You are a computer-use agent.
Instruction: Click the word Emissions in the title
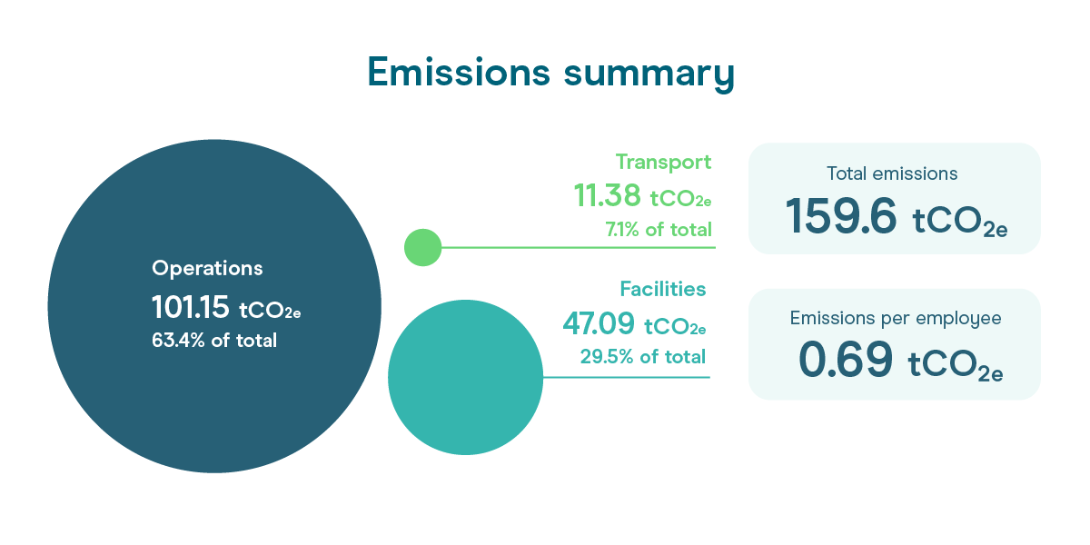click(459, 72)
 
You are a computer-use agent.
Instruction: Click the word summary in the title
click(649, 74)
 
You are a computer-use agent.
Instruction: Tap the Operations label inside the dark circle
click(207, 268)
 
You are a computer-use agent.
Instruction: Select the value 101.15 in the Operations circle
click(190, 308)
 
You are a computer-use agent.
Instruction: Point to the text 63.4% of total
click(214, 340)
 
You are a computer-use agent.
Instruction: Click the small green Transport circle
click(423, 247)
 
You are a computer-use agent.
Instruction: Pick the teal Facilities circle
click(465, 377)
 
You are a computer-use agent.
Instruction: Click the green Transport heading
click(663, 163)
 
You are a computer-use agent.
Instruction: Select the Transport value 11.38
click(608, 195)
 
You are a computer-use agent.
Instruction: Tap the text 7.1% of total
click(659, 229)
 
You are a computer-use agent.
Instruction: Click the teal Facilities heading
click(663, 289)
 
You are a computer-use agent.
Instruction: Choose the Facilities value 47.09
click(599, 323)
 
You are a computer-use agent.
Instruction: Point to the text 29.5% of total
click(643, 357)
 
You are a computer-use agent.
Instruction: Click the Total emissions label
click(892, 173)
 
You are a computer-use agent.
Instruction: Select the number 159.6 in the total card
click(841, 215)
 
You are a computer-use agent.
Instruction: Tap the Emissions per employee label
click(896, 318)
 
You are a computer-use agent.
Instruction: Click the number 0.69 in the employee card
click(846, 360)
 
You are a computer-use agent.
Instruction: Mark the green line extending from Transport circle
click(579, 247)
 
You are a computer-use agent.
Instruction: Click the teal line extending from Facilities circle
click(626, 377)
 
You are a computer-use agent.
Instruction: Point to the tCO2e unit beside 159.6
click(959, 222)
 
